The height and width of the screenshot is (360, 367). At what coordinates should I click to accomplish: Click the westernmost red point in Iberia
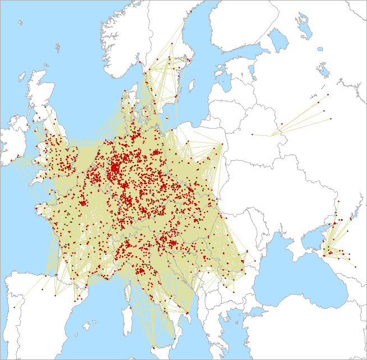(14, 308)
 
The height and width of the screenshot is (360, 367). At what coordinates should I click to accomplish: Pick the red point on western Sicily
(153, 348)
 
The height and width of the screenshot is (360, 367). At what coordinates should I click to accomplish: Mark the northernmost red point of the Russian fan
(328, 94)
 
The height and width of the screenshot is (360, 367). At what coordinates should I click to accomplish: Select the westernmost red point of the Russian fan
(252, 134)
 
